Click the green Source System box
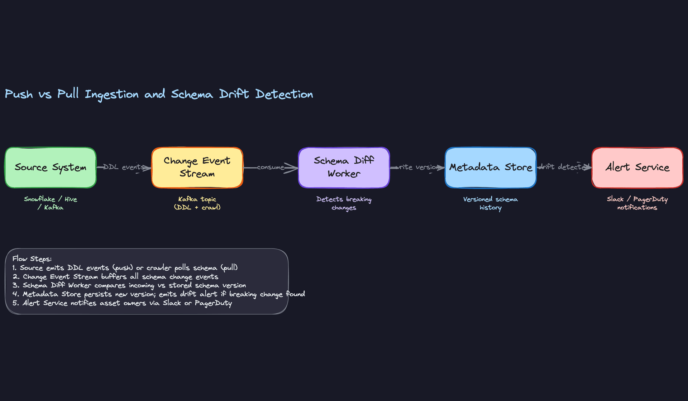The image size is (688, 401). coord(51,168)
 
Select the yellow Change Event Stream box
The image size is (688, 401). coord(197,168)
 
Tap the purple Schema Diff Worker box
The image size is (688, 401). coord(344,168)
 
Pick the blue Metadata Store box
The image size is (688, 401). coord(491,168)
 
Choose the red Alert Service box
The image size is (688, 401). coord(637,168)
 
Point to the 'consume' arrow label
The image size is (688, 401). coord(271,167)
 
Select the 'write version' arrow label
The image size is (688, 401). coord(417,167)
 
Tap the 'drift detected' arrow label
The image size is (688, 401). coord(564,167)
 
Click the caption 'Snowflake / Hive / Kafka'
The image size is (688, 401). coord(51,203)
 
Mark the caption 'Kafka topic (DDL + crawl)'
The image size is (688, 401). coord(197,203)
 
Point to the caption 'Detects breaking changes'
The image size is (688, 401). coord(344,203)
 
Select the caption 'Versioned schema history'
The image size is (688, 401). coord(491,203)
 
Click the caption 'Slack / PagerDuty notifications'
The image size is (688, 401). coord(637,203)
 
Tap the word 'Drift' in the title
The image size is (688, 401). coord(234,94)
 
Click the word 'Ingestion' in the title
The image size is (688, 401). coord(111,95)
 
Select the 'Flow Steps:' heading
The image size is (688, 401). coord(32,259)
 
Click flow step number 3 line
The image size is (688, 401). coord(129,285)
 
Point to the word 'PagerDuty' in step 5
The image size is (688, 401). coord(213,303)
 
